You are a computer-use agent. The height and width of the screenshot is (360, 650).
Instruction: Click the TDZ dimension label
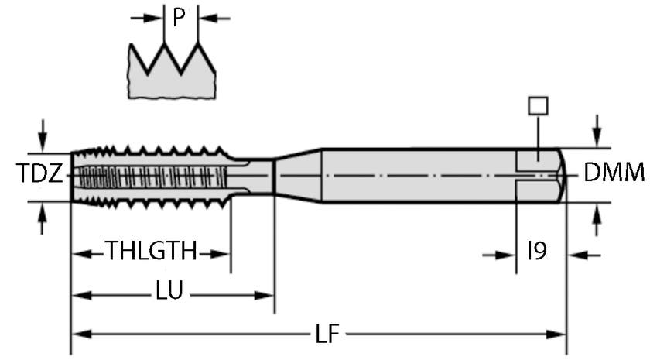pos(38,175)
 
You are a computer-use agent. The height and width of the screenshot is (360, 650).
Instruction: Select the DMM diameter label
pos(614,173)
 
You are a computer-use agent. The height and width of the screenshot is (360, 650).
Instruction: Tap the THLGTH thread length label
pos(151,252)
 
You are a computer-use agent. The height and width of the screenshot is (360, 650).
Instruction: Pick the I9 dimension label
pos(537,252)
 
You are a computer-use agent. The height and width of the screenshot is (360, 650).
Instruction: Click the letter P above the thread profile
pos(180,18)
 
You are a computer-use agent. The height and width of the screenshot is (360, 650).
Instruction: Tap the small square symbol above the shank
pos(536,105)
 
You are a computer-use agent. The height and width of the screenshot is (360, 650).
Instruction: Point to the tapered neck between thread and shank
pos(298,175)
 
